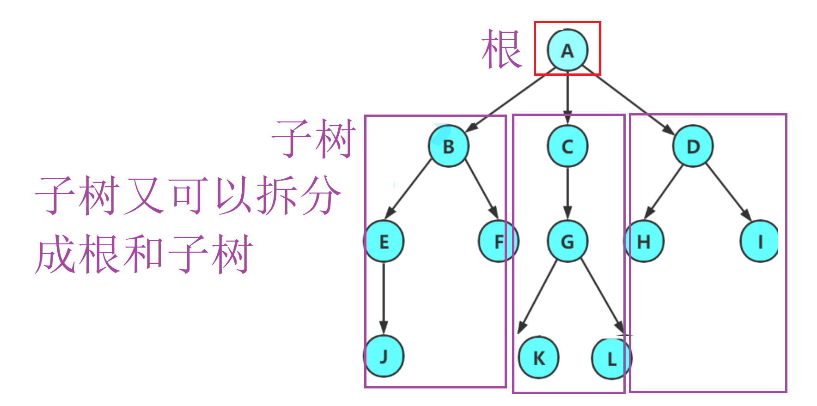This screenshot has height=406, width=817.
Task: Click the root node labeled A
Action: (567, 50)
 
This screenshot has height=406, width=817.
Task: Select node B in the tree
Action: (448, 146)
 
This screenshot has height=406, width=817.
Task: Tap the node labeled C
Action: (567, 146)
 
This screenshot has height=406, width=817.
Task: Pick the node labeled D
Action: (693, 146)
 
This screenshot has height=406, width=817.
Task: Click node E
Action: (384, 242)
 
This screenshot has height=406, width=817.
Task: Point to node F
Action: (498, 242)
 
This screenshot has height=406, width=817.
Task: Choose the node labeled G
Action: (567, 242)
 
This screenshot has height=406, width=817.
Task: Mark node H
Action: (644, 242)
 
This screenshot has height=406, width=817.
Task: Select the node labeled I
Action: (760, 242)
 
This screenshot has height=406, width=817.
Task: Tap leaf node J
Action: (384, 357)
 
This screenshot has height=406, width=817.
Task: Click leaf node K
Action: (538, 358)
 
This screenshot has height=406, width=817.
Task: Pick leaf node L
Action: (611, 358)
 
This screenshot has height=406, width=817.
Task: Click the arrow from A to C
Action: (567, 97)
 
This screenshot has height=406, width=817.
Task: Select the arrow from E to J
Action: (384, 298)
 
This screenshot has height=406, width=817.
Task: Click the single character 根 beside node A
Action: (501, 49)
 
